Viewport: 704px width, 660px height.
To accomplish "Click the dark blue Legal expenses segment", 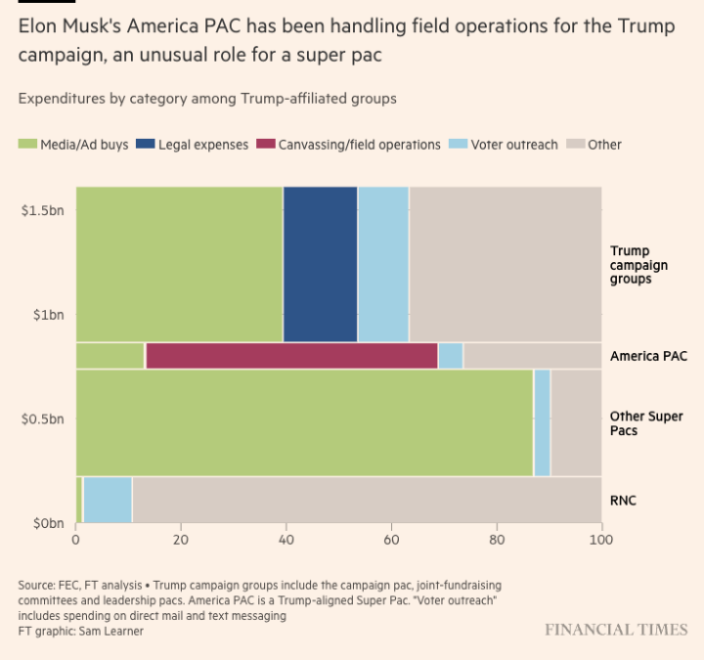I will pyautogui.click(x=320, y=264).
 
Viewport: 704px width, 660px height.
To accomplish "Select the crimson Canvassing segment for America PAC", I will pyautogui.click(x=291, y=356).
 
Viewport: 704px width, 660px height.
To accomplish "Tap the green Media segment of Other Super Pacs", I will pyautogui.click(x=304, y=422).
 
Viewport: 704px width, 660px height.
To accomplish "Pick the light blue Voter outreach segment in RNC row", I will pyautogui.click(x=108, y=500).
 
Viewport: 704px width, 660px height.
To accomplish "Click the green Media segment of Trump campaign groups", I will pyautogui.click(x=179, y=264).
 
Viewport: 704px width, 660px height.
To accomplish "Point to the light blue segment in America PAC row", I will pyautogui.click(x=450, y=356).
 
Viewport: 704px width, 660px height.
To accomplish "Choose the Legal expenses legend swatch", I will pyautogui.click(x=145, y=145).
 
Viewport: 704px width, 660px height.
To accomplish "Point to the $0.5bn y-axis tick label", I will pyautogui.click(x=43, y=418).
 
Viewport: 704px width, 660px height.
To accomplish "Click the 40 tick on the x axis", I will pyautogui.click(x=286, y=539).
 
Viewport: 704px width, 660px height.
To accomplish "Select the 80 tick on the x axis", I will pyautogui.click(x=497, y=539).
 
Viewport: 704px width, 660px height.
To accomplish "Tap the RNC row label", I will pyautogui.click(x=623, y=500).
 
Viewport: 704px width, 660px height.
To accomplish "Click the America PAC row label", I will pyautogui.click(x=648, y=356).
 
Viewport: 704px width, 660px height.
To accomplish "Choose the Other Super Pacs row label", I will pyautogui.click(x=646, y=423).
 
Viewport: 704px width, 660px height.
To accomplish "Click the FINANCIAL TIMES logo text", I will pyautogui.click(x=616, y=630).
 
